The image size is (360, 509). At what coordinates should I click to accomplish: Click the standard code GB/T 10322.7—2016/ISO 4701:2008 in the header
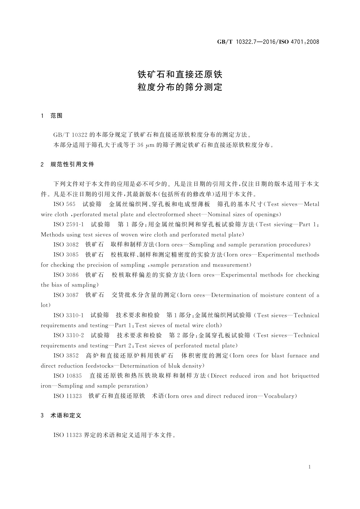[268, 42]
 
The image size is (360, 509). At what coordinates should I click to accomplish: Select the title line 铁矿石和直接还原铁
[180, 74]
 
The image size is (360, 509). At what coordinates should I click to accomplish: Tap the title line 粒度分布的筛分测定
[180, 87]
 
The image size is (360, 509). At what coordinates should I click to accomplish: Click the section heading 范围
[57, 116]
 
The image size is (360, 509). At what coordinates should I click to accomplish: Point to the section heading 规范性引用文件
[73, 164]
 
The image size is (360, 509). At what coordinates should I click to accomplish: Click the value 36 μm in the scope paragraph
[146, 145]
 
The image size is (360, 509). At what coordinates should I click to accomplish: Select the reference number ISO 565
[64, 204]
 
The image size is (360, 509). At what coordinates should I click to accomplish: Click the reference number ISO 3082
[66, 245]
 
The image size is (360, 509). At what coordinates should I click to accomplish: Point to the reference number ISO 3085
[66, 255]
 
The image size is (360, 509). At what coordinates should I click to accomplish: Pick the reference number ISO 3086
[66, 275]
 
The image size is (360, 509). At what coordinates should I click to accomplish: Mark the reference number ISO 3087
[66, 295]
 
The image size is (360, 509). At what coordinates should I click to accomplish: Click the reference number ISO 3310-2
[69, 336]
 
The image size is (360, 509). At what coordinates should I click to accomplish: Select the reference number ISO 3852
[66, 356]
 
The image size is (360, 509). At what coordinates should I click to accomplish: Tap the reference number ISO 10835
[68, 376]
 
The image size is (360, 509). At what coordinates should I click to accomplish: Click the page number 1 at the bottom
[310, 467]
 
